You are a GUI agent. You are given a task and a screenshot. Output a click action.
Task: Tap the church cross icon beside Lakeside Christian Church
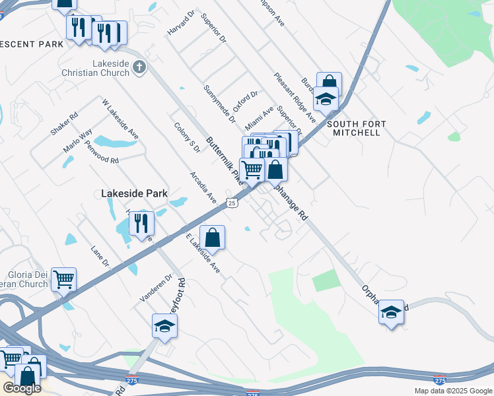tap(139, 66)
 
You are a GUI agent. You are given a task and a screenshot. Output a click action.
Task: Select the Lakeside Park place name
tap(134, 194)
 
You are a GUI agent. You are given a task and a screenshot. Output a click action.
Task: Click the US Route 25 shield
tap(231, 203)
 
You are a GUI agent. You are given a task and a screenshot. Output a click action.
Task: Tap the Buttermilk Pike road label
tap(222, 159)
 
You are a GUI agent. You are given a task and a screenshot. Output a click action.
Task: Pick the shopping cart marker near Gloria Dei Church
tap(63, 279)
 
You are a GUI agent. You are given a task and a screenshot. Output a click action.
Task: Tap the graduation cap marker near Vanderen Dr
tap(164, 325)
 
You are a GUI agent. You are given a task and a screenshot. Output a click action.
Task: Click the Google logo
tap(22, 387)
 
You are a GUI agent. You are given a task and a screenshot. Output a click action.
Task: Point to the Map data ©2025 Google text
tap(452, 391)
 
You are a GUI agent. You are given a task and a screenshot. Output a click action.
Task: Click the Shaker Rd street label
tap(64, 123)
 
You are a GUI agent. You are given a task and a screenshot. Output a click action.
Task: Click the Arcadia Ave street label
tap(203, 188)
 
